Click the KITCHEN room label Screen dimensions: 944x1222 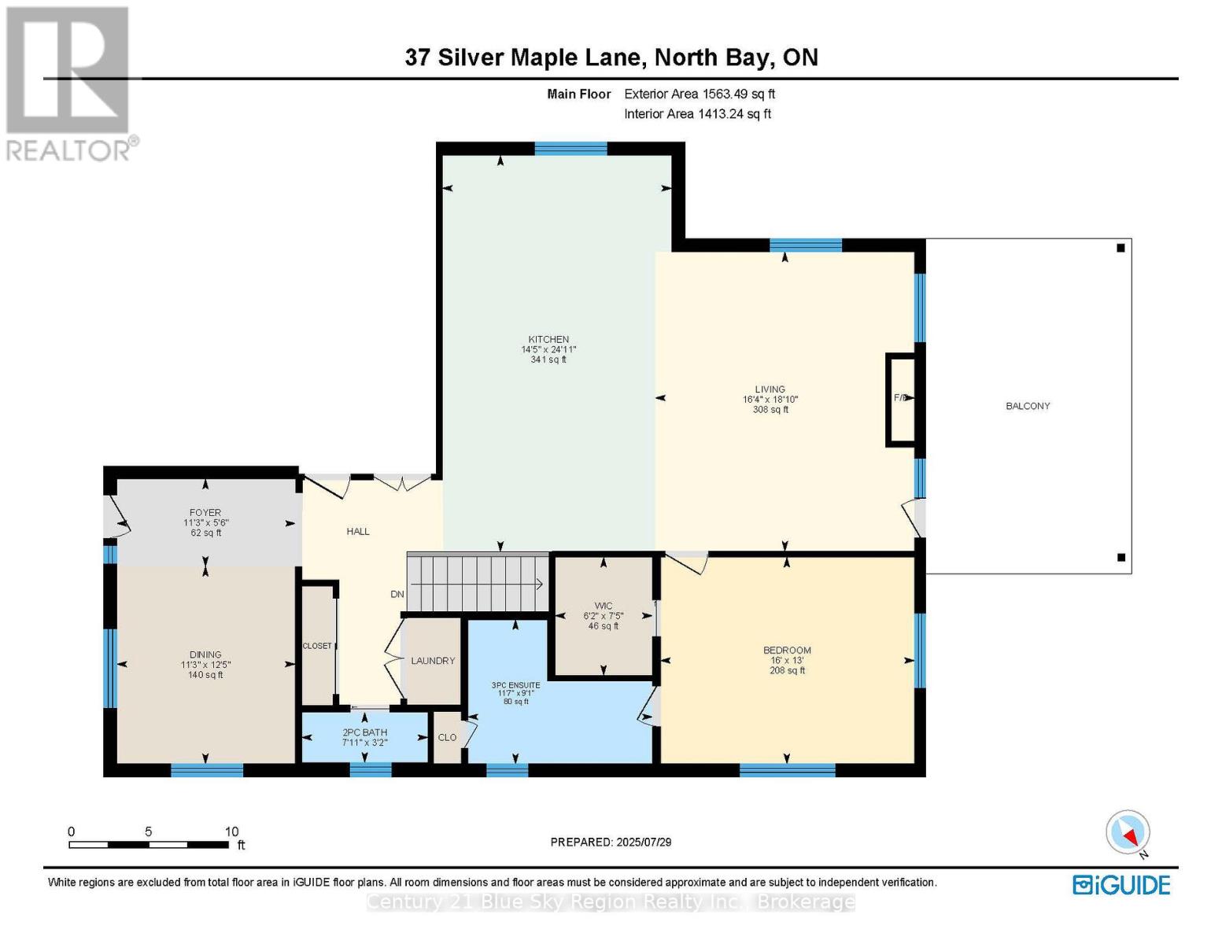548,340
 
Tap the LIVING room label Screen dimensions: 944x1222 770,389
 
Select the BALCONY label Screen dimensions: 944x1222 1028,406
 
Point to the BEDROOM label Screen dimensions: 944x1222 787,651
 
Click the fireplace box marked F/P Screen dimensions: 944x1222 902,399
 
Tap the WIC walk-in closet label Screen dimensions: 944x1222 604,607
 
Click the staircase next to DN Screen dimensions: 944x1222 477,583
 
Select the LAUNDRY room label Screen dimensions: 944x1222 433,661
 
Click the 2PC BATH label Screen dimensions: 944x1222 364,732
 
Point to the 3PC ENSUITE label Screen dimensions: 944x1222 516,685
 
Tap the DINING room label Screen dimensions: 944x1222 205,655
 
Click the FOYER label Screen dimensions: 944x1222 205,513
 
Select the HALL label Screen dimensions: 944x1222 358,532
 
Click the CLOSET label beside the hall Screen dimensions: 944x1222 317,646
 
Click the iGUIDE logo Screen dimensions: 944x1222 1121,885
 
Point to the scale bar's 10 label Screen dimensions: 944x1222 231,832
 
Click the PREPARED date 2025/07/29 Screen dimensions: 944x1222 644,843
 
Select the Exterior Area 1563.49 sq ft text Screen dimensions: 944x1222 700,94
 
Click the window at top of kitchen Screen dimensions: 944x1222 570,149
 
